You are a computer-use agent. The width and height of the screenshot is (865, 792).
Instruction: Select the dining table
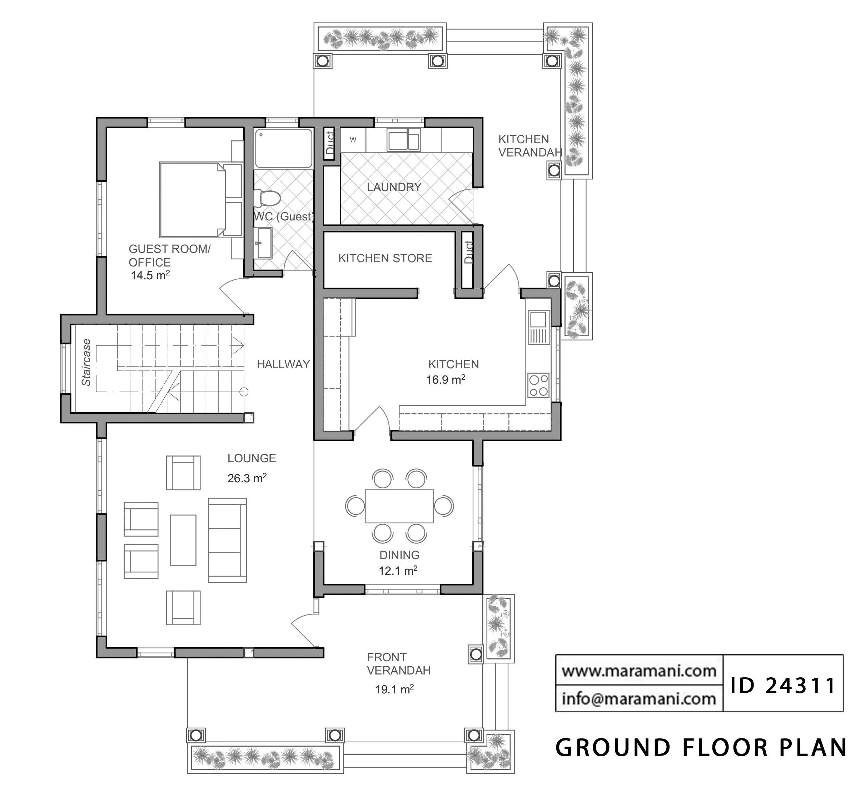[x=399, y=505]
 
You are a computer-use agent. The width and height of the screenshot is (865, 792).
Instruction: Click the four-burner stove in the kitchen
[x=538, y=385]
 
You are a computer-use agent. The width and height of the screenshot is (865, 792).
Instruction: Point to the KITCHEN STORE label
[x=385, y=258]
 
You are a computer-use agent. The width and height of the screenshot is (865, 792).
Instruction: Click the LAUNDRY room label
[x=394, y=187]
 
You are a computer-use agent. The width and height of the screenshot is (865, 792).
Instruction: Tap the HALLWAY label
[x=283, y=364]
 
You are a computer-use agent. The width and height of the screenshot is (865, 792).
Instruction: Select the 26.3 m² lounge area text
[x=247, y=478]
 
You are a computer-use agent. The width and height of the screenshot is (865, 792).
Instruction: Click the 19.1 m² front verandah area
[x=395, y=689]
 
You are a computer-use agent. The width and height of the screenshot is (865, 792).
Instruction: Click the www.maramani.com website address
[x=639, y=671]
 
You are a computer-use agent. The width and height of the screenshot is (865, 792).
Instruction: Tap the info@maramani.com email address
[x=639, y=699]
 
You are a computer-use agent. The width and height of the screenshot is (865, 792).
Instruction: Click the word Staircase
[x=86, y=363]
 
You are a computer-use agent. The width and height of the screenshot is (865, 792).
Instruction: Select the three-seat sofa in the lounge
[x=227, y=540]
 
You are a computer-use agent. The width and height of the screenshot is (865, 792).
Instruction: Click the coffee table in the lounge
[x=183, y=541]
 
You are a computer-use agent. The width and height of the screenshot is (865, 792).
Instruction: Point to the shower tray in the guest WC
[x=284, y=148]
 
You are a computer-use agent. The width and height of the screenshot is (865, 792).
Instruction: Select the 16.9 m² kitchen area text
[x=446, y=380]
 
